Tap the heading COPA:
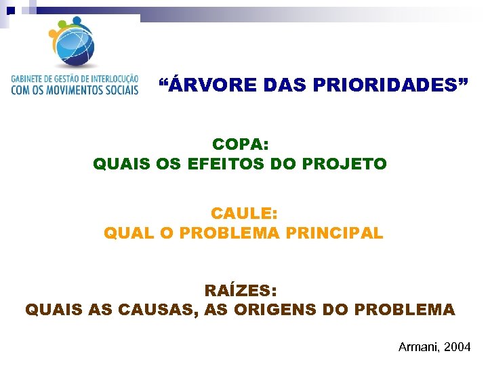(x=241, y=144)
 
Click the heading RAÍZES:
(x=241, y=291)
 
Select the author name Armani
(x=419, y=347)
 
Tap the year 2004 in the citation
(x=457, y=347)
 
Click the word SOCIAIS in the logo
(x=122, y=89)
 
